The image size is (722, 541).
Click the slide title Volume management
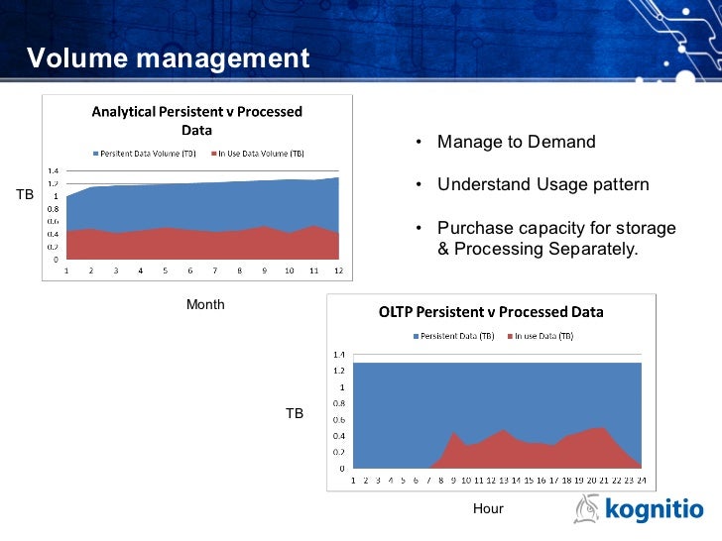tap(168, 58)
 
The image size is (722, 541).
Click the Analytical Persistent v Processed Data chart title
tap(196, 121)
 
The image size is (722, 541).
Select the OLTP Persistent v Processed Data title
tap(491, 312)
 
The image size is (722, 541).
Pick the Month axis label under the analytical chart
tap(205, 305)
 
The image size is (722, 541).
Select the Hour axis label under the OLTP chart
tap(488, 509)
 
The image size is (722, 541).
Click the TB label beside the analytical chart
tap(25, 196)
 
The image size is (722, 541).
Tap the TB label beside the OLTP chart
tap(295, 413)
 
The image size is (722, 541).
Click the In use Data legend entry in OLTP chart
tap(541, 337)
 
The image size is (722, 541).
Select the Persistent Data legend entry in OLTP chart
tap(456, 337)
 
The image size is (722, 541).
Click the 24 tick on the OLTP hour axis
tap(641, 480)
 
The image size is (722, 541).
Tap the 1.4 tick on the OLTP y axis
tap(338, 355)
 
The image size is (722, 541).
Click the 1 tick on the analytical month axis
tap(66, 270)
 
